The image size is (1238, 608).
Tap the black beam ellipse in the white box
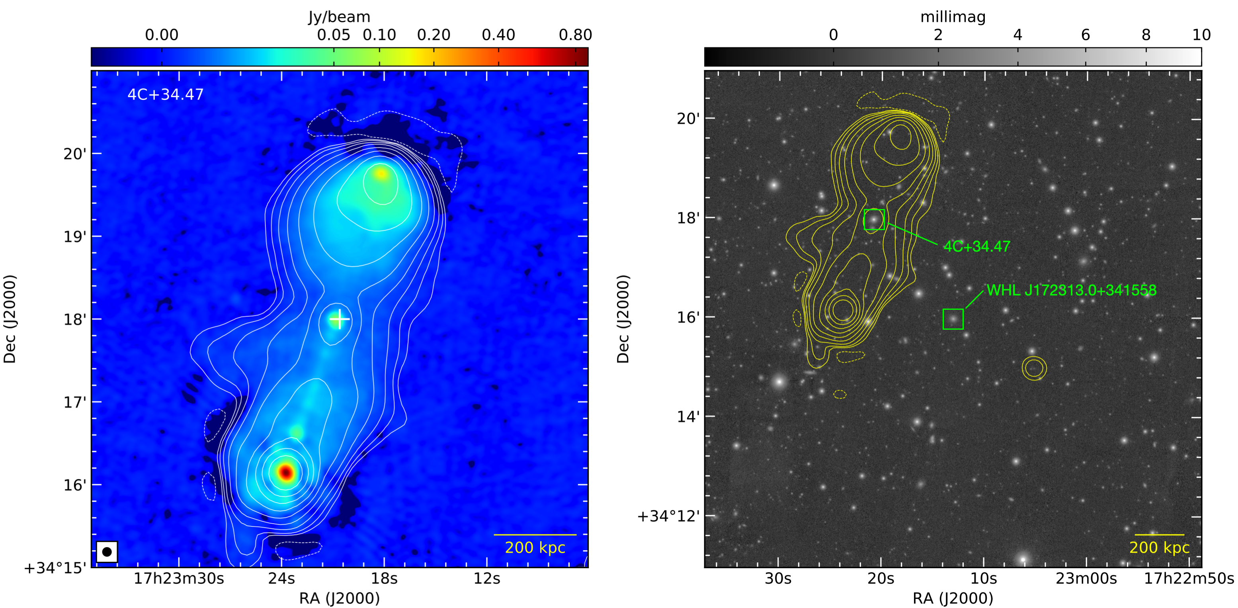[107, 552]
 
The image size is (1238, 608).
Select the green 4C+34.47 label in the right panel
[976, 246]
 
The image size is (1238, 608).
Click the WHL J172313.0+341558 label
[1071, 290]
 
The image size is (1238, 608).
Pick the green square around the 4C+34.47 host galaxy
[874, 220]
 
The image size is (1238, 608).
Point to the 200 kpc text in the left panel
[535, 547]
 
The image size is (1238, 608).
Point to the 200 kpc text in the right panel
[1159, 547]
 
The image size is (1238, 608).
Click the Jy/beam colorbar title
[339, 17]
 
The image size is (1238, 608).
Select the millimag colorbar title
[953, 17]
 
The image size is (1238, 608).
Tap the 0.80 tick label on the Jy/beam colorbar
[575, 35]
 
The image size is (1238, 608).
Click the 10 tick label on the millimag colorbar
[1201, 35]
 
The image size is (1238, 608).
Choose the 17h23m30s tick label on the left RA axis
[179, 579]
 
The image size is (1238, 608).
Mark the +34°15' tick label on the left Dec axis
[55, 568]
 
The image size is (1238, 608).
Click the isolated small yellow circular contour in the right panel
[1034, 368]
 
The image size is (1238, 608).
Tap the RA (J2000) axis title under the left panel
[339, 598]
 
